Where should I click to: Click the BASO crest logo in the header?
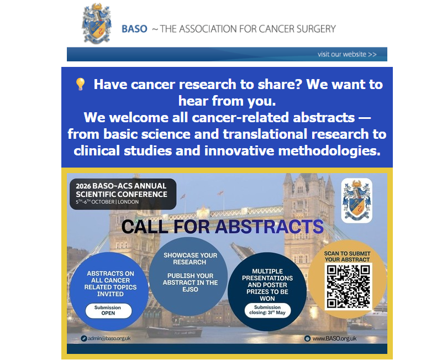click(x=97, y=23)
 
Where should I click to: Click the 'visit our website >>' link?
click(x=347, y=54)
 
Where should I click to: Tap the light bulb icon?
click(x=80, y=85)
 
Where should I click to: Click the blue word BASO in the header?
click(x=134, y=29)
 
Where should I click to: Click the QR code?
click(x=348, y=286)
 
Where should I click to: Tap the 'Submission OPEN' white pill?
click(x=108, y=310)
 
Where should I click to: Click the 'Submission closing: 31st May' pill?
click(x=267, y=310)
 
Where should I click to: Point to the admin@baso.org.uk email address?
click(x=106, y=338)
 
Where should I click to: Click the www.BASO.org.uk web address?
click(x=330, y=338)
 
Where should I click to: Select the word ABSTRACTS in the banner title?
click(x=270, y=227)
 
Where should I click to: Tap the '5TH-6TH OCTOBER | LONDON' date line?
click(x=107, y=202)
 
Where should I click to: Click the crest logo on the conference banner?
click(x=356, y=201)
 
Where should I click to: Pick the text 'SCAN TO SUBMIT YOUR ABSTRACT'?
click(x=347, y=257)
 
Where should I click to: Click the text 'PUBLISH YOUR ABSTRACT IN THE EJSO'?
click(x=190, y=283)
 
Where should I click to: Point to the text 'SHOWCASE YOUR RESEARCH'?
click(x=190, y=259)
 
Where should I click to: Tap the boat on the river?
click(x=175, y=332)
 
